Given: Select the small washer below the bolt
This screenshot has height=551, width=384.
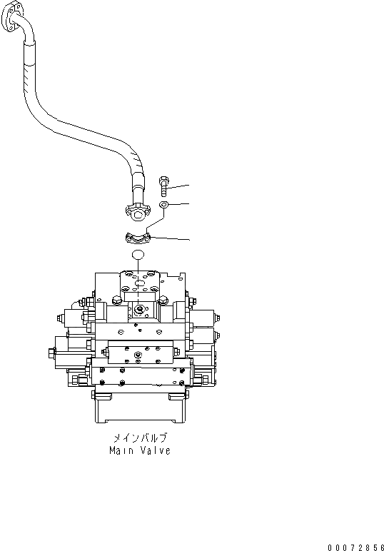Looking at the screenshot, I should pyautogui.click(x=164, y=206).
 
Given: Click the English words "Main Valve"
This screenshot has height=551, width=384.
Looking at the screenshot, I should pyautogui.click(x=140, y=451).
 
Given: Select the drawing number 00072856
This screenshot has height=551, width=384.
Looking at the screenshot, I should pyautogui.click(x=355, y=546).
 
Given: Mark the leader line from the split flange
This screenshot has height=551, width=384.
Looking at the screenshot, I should pyautogui.click(x=171, y=238).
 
